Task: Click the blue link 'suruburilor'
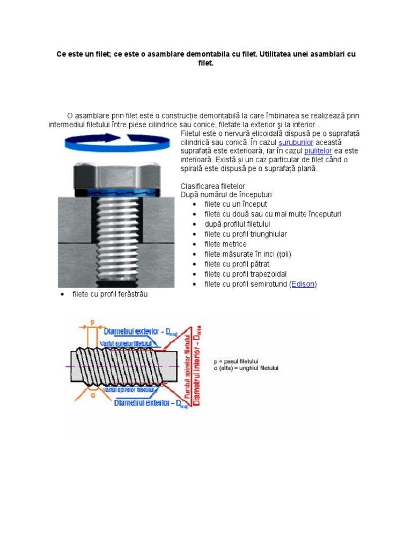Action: [x=296, y=142]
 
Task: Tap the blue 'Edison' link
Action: [x=303, y=284]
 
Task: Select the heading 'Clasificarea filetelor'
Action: [x=212, y=186]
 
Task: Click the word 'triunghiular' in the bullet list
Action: [x=268, y=234]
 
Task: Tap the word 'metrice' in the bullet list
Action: [x=233, y=244]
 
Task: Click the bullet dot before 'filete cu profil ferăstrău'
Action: [x=63, y=294]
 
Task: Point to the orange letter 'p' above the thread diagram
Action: [x=93, y=322]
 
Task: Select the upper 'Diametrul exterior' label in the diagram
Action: [x=130, y=332]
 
